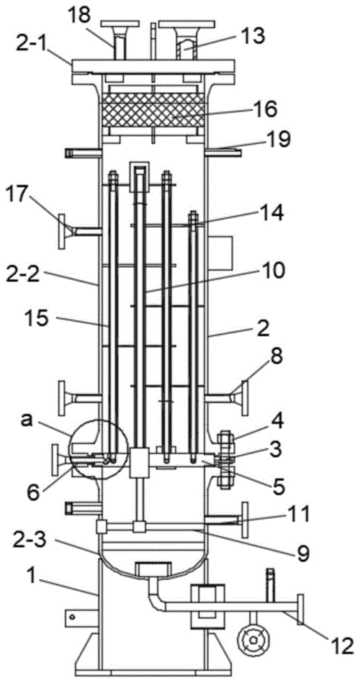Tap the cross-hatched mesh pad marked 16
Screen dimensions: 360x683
(153, 110)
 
